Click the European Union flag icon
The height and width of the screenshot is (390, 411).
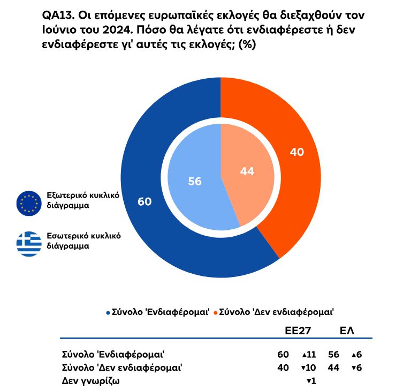[x=29, y=202]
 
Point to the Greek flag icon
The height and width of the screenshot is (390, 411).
[x=29, y=243]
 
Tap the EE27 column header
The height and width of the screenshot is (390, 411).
[x=298, y=331]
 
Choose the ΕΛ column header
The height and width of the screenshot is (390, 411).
[x=347, y=331]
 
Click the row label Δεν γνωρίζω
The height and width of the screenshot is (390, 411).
[x=90, y=380]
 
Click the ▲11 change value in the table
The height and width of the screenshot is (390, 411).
[x=310, y=354]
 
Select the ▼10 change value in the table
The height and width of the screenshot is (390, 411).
[x=310, y=367]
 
